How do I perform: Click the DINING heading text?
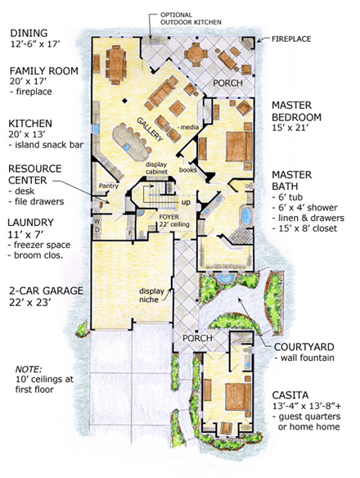pyautogui.click(x=31, y=34)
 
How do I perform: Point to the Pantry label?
pyautogui.click(x=110, y=186)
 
